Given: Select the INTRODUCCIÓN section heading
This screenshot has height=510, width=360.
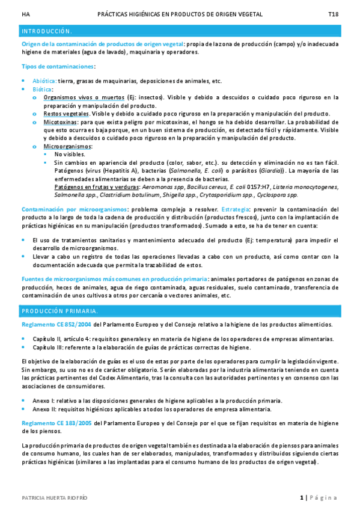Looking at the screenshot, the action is coord(47,31).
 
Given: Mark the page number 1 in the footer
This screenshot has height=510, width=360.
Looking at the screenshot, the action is coord(301,497).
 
